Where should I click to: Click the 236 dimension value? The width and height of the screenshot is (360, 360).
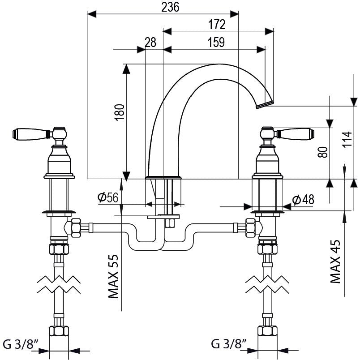(171, 7)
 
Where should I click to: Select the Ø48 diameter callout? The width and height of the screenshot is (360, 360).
(304, 200)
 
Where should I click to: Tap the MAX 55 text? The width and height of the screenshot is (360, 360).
(114, 276)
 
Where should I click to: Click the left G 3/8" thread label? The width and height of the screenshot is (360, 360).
(21, 344)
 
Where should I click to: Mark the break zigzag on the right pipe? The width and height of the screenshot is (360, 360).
(267, 284)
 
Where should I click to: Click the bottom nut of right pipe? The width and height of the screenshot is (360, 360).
(267, 332)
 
